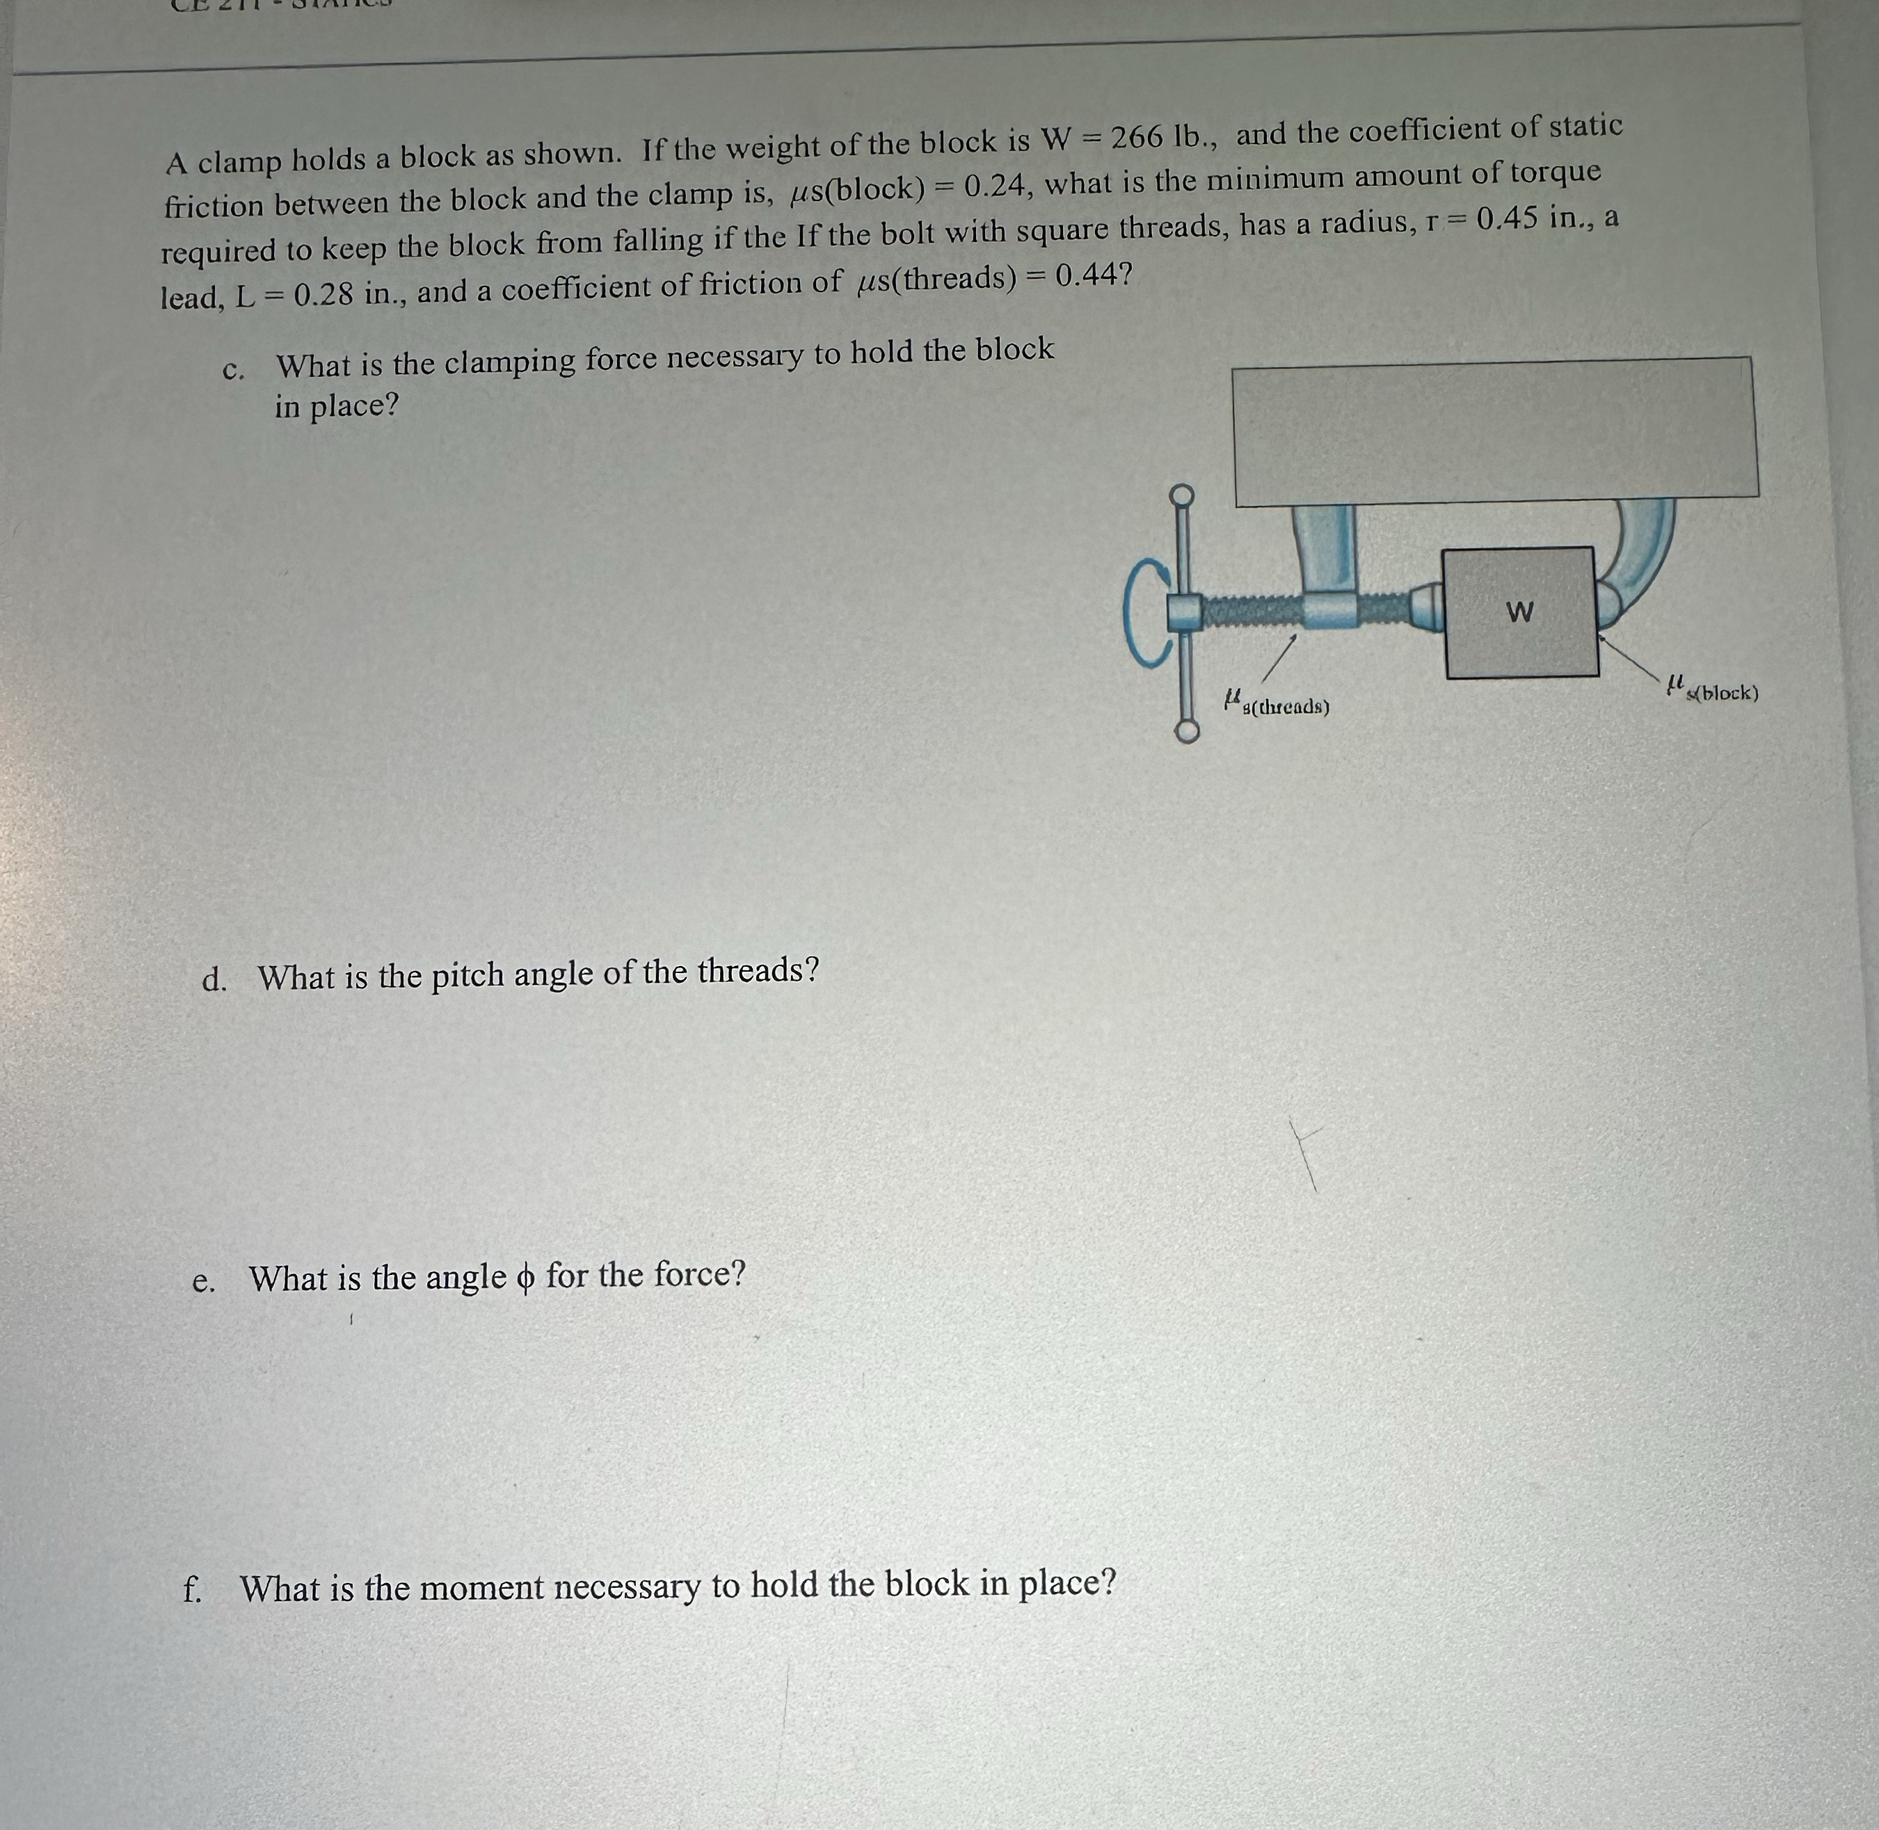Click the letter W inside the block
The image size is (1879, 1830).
1519,611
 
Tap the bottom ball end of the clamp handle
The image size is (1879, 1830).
1187,732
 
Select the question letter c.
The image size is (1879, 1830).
232,371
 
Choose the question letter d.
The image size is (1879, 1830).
214,980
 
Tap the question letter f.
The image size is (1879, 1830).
192,1591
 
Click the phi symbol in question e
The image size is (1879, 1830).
524,1277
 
